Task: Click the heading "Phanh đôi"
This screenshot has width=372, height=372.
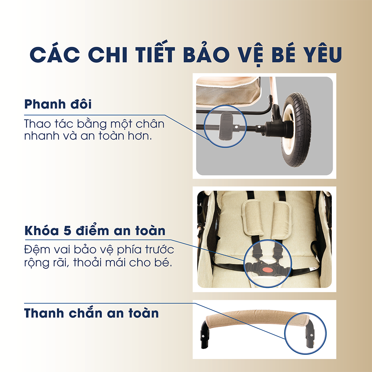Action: (x=58, y=104)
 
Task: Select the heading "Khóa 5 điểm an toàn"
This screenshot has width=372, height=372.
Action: (x=95, y=230)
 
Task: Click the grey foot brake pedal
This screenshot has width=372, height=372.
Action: (x=226, y=126)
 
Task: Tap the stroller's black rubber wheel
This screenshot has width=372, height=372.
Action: (x=296, y=129)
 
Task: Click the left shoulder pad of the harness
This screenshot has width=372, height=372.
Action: (x=253, y=218)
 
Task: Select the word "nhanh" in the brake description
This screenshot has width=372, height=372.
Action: (x=42, y=136)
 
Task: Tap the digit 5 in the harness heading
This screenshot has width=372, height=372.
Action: (x=67, y=231)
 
